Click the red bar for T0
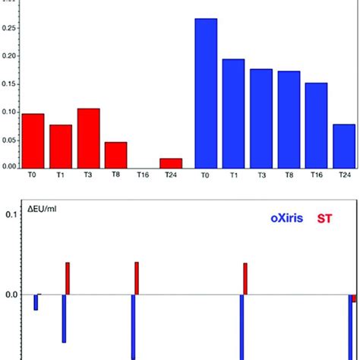pos(33,141)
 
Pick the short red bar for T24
pos(171,163)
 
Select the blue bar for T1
pos(233,113)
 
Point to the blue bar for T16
pos(316,125)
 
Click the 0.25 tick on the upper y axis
pos(10,29)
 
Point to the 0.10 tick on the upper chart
pos(10,112)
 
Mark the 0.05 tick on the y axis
pos(10,140)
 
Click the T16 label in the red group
pos(144,174)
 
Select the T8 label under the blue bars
pos(289,174)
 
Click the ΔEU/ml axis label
pos(30,208)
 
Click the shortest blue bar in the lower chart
pos(36,302)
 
